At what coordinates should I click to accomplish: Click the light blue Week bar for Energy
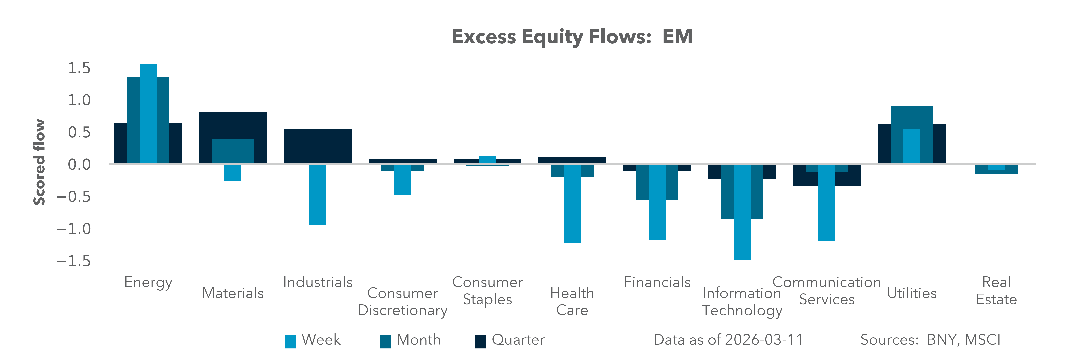[148, 113]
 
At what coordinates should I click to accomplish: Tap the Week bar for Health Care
[572, 203]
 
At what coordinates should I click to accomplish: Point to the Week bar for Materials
[233, 173]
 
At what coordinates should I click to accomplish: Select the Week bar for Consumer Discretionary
[402, 179]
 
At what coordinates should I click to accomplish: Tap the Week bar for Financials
[657, 202]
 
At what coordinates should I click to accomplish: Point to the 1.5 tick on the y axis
[79, 68]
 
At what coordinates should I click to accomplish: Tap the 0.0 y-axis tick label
[79, 164]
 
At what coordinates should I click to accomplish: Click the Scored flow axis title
[39, 162]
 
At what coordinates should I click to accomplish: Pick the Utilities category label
[912, 293]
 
